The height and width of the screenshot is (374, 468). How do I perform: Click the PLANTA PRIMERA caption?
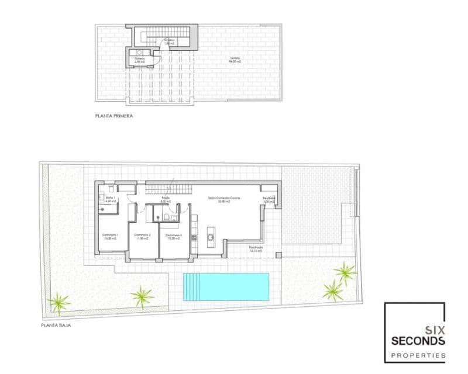pos(114,116)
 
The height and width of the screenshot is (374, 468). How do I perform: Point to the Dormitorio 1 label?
pos(111,236)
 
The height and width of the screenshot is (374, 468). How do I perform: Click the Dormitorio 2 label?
pos(143,236)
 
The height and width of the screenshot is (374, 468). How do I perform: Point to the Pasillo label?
pos(166,199)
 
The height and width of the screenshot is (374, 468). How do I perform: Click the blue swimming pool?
pos(226,287)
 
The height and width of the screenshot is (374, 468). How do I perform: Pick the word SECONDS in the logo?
pos(418,341)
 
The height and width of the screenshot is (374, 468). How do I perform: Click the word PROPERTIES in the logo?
pos(418,355)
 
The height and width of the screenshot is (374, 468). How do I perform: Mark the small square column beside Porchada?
pos(279,255)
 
